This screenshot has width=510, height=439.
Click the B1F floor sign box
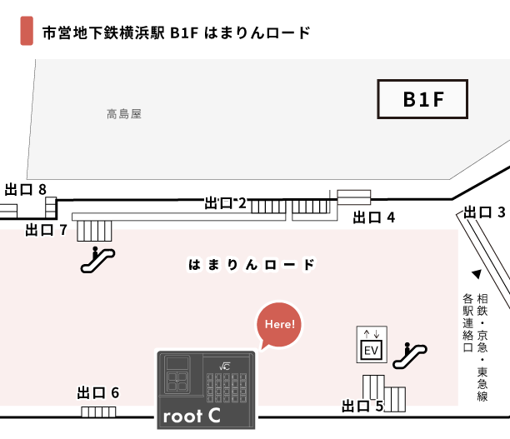(422, 100)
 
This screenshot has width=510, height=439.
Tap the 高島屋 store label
(124, 113)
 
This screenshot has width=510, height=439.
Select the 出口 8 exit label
(25, 189)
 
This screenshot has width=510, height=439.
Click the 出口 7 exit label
(46, 229)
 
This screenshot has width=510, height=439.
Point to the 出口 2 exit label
(226, 202)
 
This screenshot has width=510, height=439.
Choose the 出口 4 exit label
(373, 217)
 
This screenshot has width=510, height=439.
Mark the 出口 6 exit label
(98, 392)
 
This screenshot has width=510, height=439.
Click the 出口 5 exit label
(362, 407)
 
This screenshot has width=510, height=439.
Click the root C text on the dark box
(191, 415)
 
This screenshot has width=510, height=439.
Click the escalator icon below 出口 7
(97, 260)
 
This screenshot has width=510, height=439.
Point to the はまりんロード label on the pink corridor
(252, 265)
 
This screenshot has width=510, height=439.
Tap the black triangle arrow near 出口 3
(477, 274)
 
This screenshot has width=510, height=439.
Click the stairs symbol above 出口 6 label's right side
(98, 412)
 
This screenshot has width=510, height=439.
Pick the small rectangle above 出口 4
(353, 197)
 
